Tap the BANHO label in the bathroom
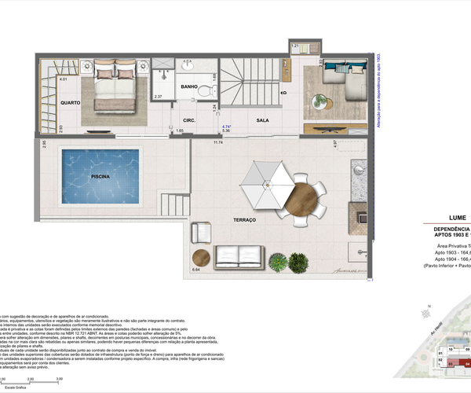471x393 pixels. [188, 86]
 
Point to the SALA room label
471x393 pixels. [263, 119]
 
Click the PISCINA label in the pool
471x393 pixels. [99, 178]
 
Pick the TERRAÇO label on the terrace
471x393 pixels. [245, 221]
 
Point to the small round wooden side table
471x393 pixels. [202, 257]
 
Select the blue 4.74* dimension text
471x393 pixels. [226, 127]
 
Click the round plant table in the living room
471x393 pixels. [318, 101]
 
